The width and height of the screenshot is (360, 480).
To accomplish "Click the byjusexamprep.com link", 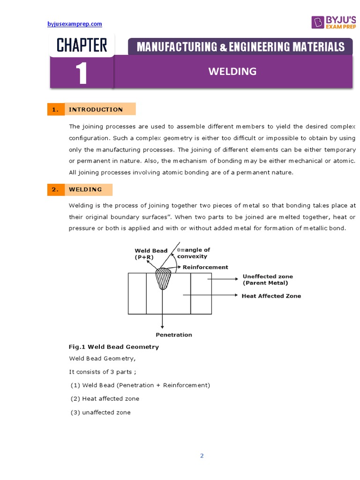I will point(75,24).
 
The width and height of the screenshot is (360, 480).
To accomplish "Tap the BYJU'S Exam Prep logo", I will point(333,22).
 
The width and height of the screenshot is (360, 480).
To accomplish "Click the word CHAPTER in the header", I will point(82,45).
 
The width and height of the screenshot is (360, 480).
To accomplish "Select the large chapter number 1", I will point(82,74).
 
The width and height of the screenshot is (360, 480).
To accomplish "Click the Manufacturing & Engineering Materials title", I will point(240,47).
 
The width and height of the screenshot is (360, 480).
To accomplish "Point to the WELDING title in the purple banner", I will point(232,71).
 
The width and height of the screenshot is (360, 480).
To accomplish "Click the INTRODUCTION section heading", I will point(96,109).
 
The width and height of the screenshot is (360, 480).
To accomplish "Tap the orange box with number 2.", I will point(55,189).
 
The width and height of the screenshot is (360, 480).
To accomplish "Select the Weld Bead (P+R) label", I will point(151,254).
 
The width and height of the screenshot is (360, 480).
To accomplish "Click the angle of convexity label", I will point(193,253).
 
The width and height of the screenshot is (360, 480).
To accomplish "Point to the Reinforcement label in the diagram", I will point(205,267).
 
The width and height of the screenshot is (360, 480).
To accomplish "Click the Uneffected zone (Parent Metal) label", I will point(266,280).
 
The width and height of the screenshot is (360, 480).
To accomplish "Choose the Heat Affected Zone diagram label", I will point(271,296).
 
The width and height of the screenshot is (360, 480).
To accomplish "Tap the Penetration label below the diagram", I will point(174,335).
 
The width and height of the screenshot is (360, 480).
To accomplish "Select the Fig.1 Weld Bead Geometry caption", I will point(114,347).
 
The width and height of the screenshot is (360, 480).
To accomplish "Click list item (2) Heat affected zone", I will point(105,398).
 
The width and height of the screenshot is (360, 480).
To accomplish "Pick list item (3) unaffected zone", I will point(100,412).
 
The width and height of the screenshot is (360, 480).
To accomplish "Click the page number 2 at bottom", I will point(202,456).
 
